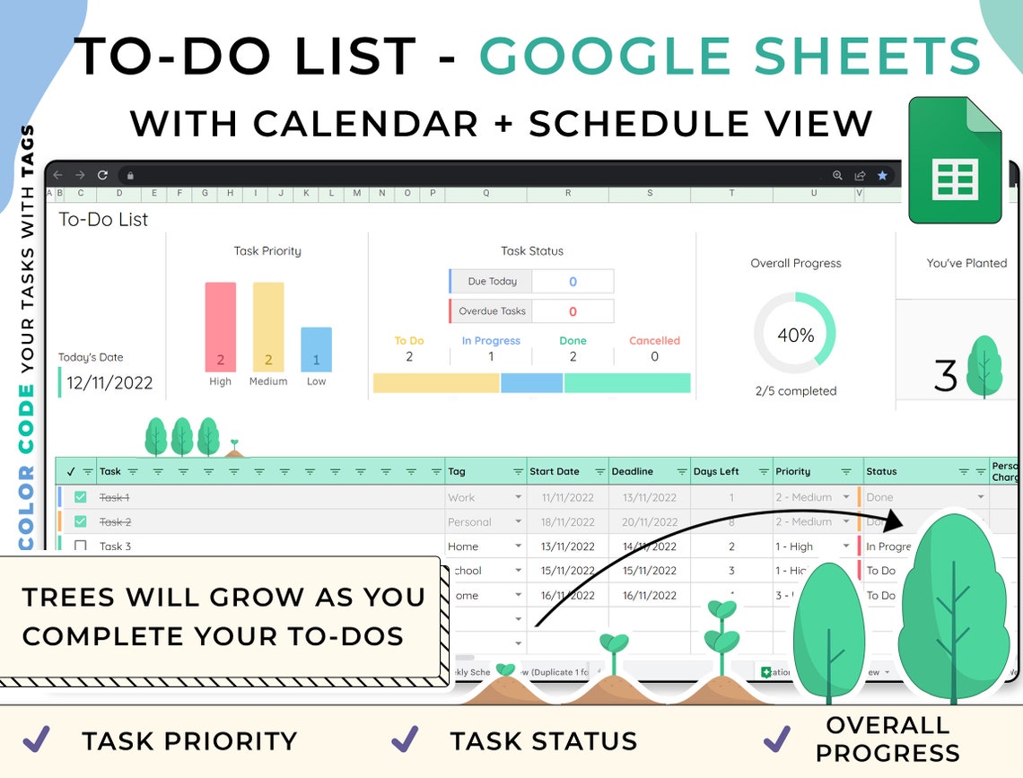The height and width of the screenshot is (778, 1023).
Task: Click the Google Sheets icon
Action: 955,161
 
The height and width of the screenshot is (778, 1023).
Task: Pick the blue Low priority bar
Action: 316,349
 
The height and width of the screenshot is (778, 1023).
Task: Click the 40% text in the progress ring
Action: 795,336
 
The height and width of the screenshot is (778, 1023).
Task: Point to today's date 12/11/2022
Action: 109,383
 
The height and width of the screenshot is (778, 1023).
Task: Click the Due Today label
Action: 492,281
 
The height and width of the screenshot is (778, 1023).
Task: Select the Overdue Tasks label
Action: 493,311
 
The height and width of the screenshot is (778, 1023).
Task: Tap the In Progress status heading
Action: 491,341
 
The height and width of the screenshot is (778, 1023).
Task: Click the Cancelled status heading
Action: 654,341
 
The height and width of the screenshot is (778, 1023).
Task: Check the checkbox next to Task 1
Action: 81,497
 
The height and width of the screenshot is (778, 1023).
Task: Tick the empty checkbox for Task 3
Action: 81,546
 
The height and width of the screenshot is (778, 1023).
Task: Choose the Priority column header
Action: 793,471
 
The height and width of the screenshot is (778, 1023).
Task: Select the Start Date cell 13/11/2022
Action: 568,546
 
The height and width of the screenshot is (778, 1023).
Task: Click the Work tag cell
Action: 462,497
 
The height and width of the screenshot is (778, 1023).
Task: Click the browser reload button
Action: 102,175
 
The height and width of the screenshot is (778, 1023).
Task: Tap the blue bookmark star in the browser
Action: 882,176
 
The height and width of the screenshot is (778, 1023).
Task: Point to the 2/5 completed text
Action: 795,391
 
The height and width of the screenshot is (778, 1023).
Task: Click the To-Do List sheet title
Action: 103,219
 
